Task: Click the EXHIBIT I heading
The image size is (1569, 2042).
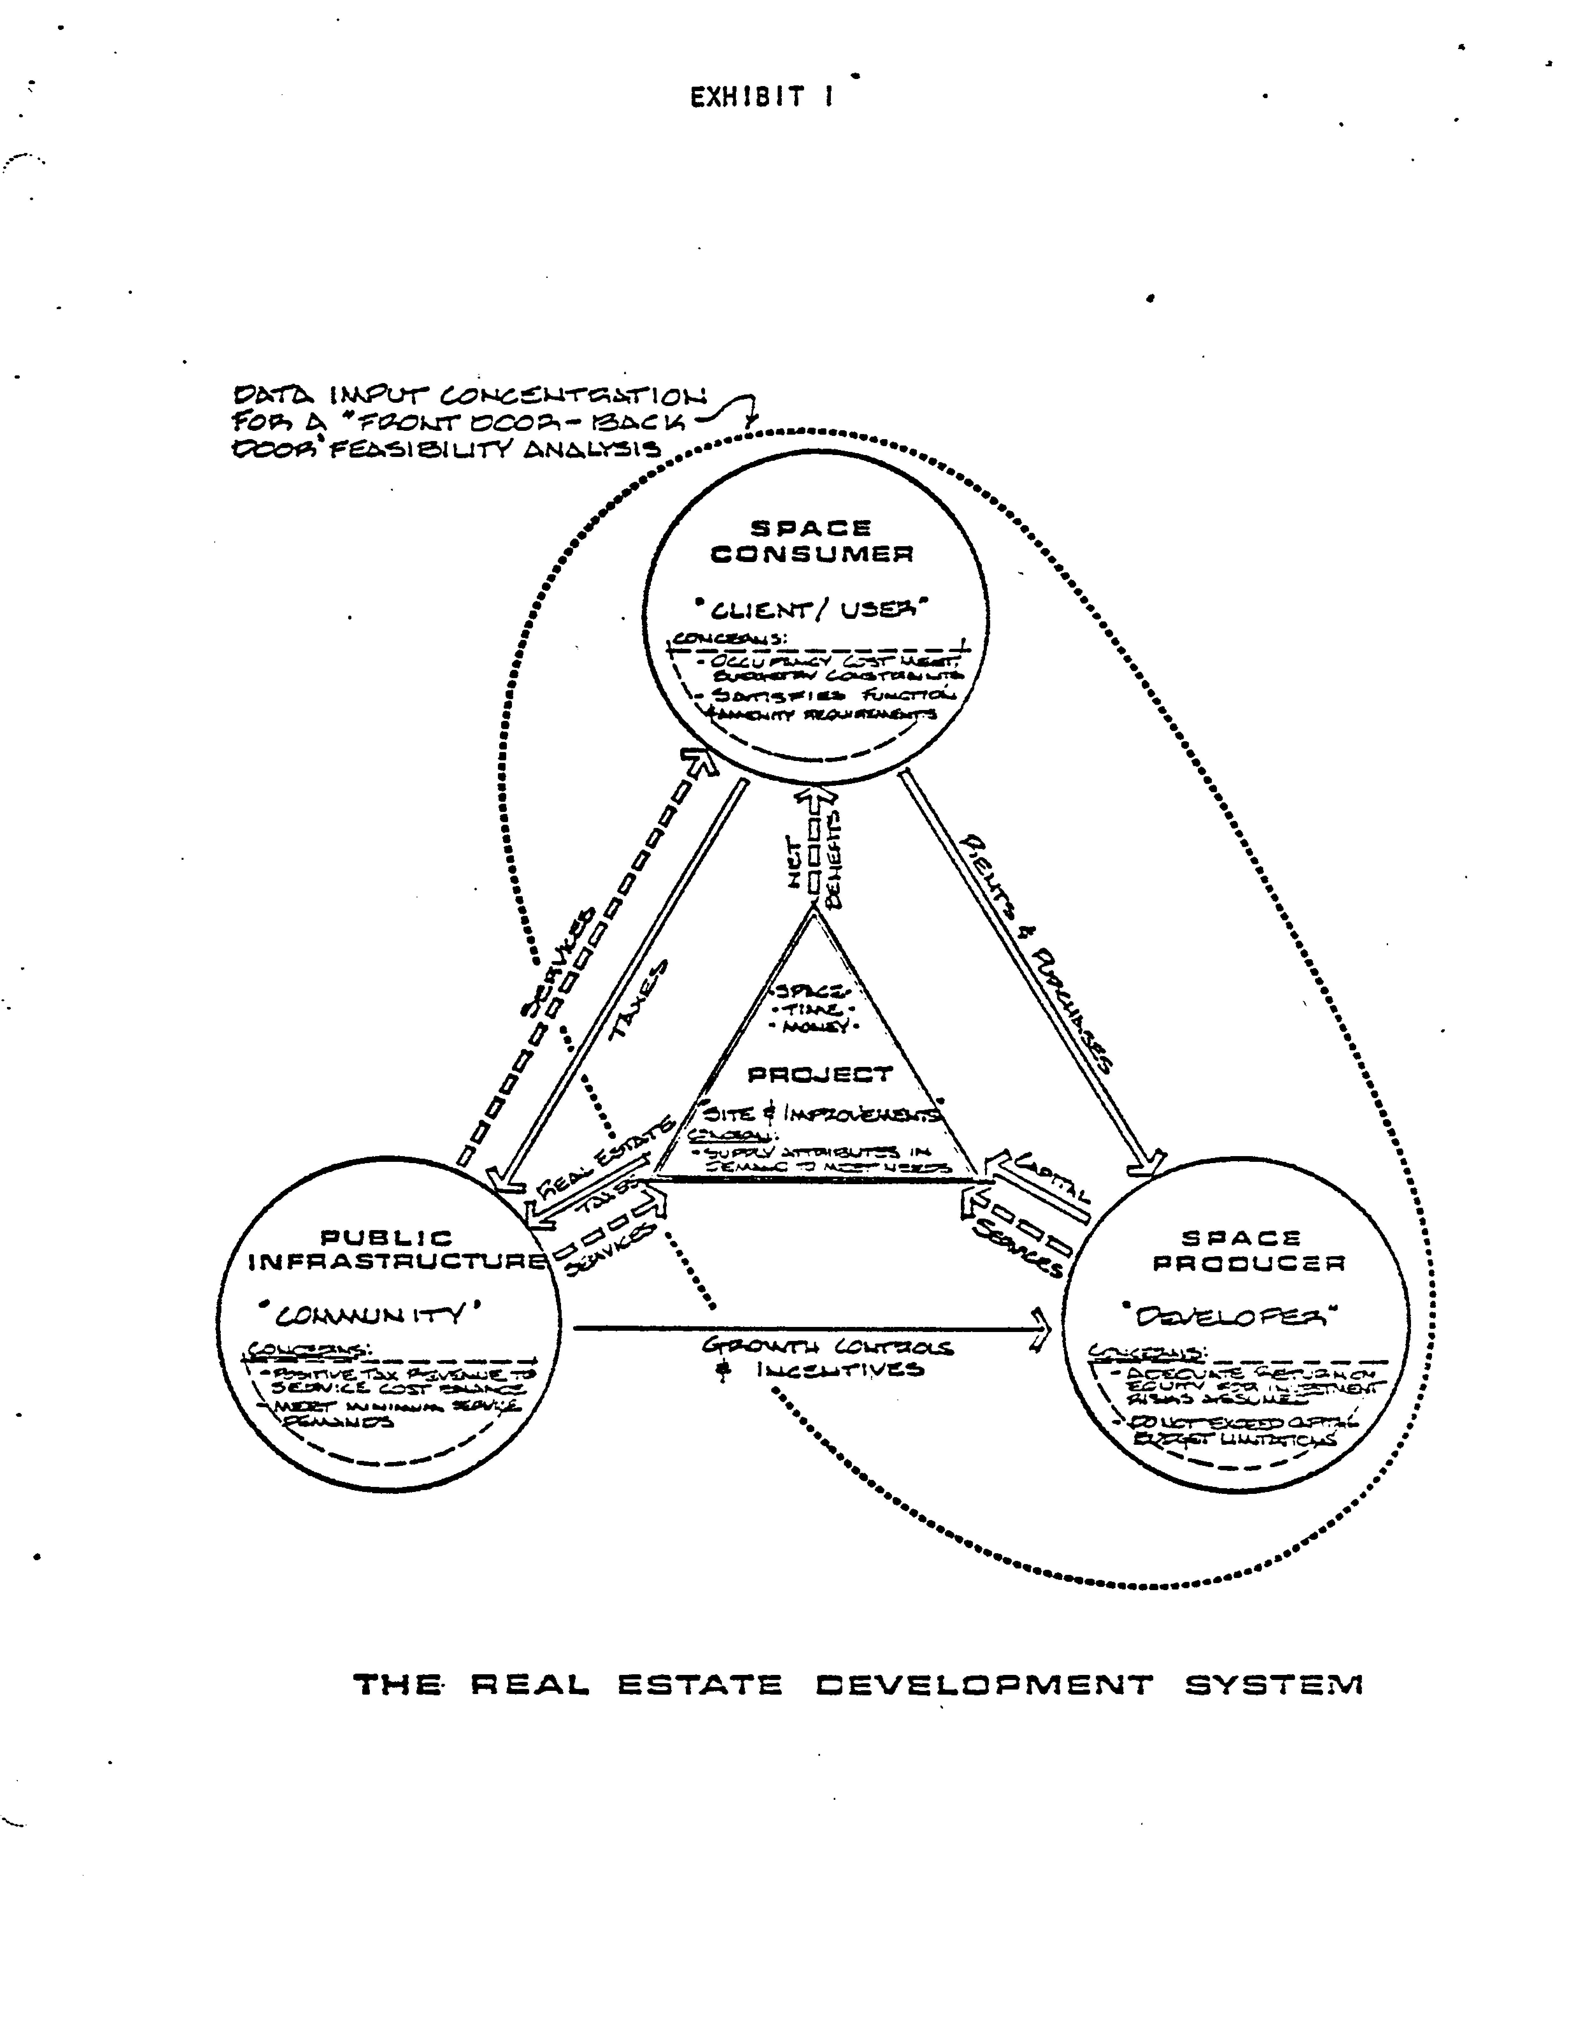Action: [761, 97]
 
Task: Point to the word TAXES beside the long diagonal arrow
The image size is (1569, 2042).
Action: [640, 1001]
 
